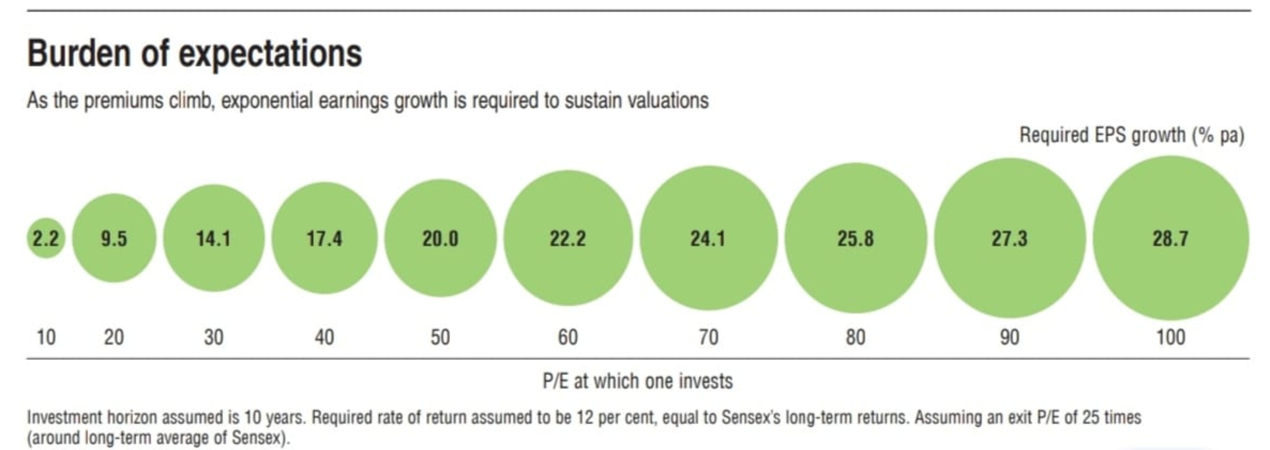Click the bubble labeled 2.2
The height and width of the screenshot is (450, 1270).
[x=45, y=238]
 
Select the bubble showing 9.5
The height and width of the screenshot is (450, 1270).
[x=114, y=238]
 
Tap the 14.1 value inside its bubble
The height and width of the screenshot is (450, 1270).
[x=213, y=238]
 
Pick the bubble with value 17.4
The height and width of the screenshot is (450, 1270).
[x=324, y=238]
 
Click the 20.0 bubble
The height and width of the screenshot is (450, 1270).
[x=440, y=238]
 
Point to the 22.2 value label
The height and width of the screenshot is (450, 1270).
[x=568, y=238]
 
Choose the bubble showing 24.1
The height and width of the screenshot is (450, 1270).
[x=708, y=238]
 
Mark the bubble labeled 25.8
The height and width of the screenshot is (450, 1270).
[x=856, y=238]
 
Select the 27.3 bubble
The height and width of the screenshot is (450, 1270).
[x=1009, y=238]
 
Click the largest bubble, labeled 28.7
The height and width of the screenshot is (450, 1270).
[x=1170, y=238]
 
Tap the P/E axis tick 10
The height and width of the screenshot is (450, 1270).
[x=45, y=338]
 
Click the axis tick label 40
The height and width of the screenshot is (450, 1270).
[x=324, y=338]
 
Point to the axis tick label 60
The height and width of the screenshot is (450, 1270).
[x=568, y=338]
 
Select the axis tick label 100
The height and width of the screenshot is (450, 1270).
[x=1170, y=338]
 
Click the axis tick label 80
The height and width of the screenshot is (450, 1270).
[x=856, y=338]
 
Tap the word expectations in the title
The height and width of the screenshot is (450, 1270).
[x=270, y=54]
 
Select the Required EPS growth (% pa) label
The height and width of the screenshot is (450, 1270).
[x=1131, y=136]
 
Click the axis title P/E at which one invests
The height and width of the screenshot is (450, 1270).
[x=638, y=381]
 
